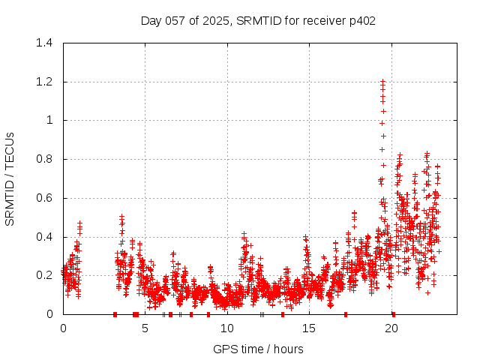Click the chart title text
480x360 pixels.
(x=258, y=20)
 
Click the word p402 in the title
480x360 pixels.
(x=360, y=20)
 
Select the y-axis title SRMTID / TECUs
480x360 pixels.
(x=10, y=178)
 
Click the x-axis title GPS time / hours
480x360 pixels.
(x=258, y=349)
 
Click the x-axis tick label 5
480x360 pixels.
(x=145, y=328)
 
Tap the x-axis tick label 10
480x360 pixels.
(x=227, y=328)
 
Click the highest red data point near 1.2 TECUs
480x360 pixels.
(x=382, y=82)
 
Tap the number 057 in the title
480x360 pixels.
(x=175, y=20)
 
